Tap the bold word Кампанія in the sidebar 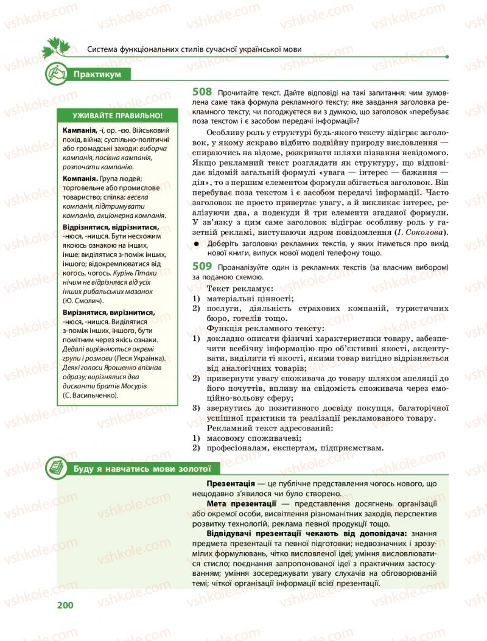tap(79, 131)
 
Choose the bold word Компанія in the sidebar tap(80, 179)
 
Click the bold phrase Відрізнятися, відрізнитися tap(110, 227)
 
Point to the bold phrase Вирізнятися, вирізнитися tap(108, 313)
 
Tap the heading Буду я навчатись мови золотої tap(141, 468)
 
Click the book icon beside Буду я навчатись tap(57, 468)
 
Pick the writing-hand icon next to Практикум tap(57, 74)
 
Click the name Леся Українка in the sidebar tap(142, 360)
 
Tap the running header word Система tap(104, 51)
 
